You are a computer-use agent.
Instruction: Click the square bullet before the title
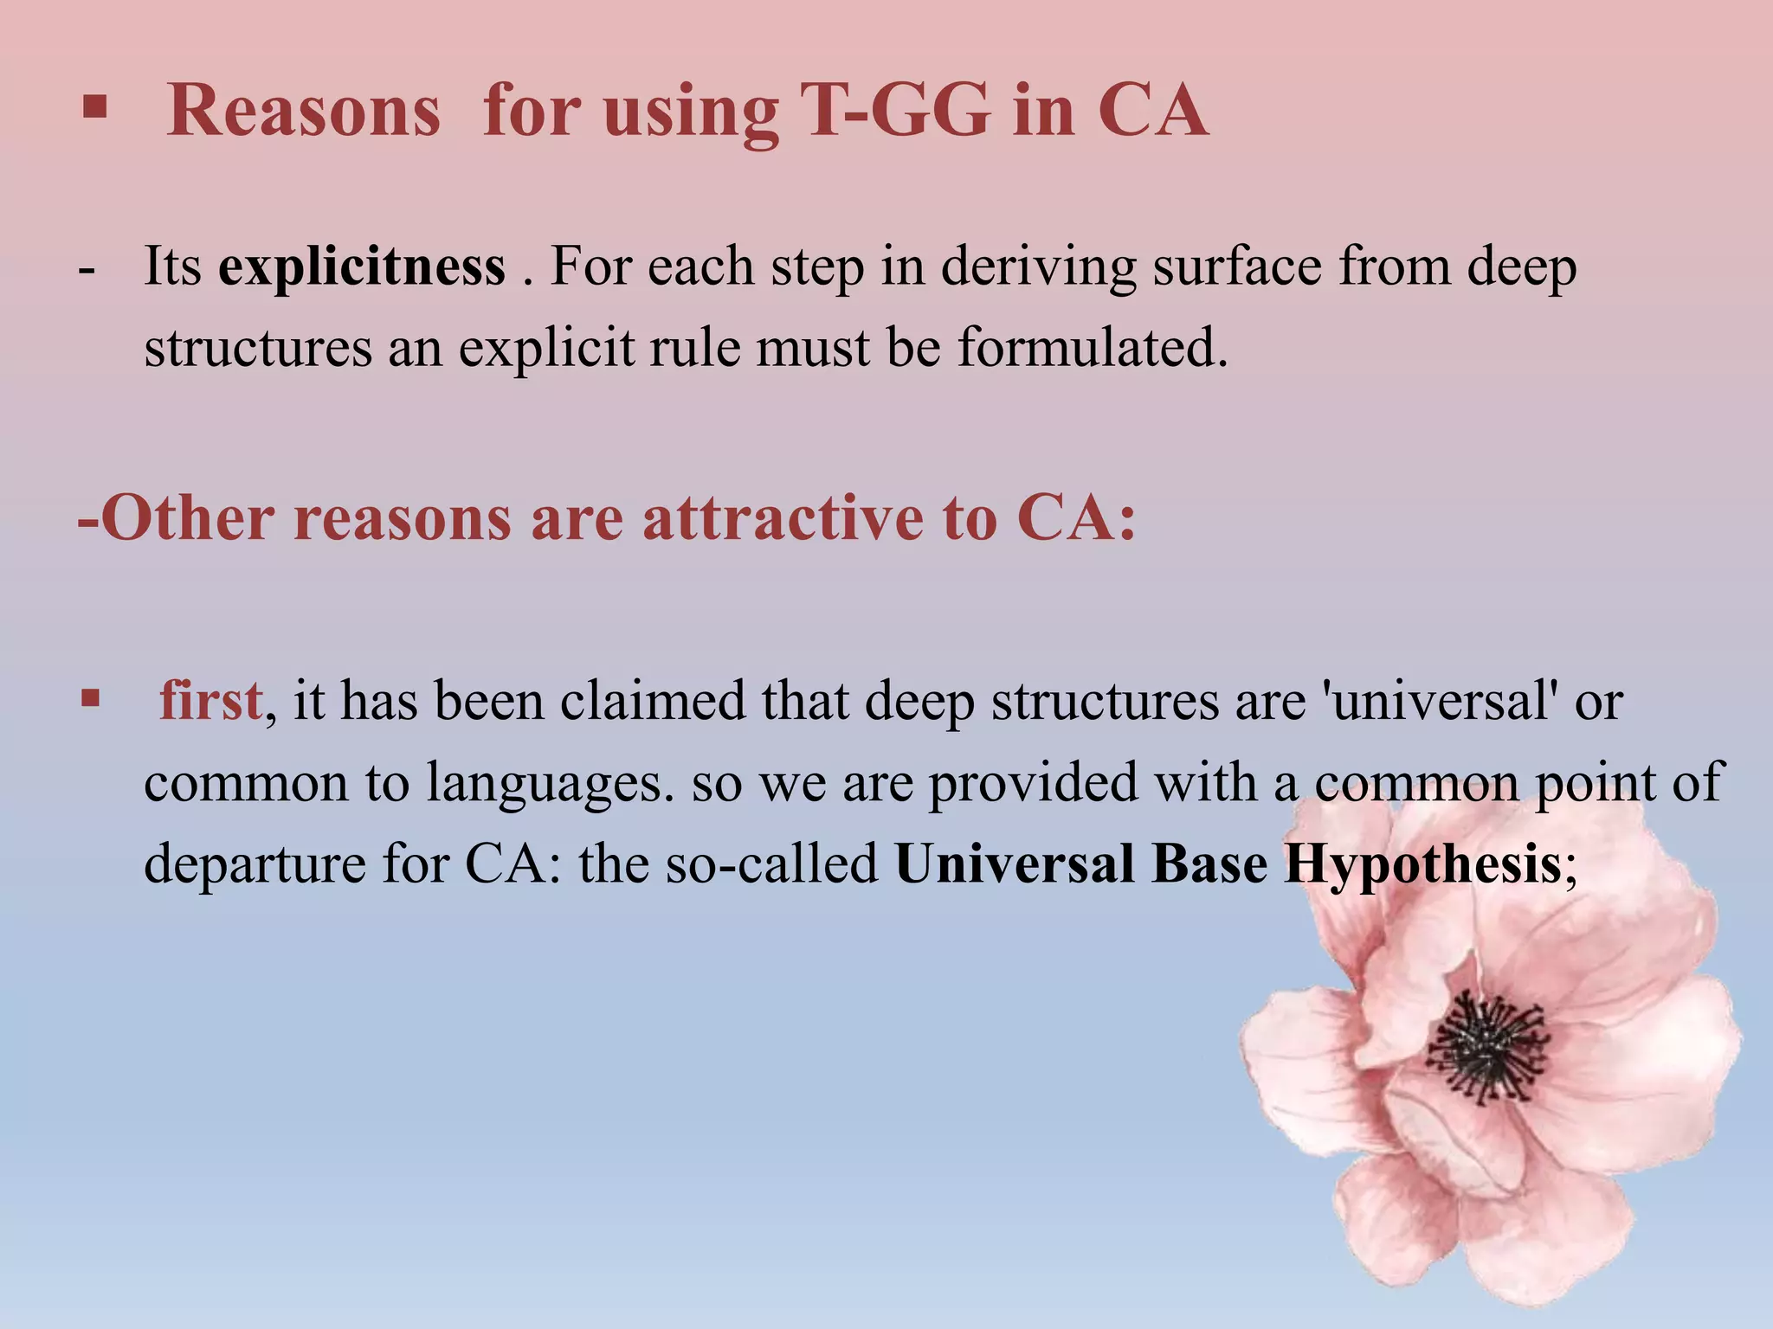click(x=94, y=108)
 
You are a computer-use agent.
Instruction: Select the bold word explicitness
click(x=362, y=266)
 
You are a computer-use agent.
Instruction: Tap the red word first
click(x=210, y=700)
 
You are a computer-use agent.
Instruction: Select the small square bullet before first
click(x=90, y=697)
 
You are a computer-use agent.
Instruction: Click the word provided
click(x=1034, y=782)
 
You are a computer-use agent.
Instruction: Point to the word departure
click(x=255, y=864)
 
